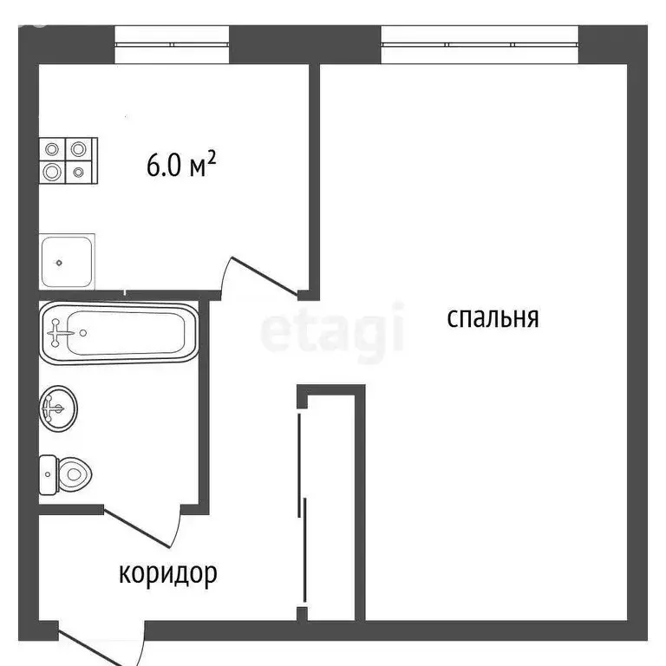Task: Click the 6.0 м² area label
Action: pyautogui.click(x=180, y=165)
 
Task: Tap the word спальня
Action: pyautogui.click(x=493, y=317)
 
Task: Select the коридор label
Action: pyautogui.click(x=167, y=573)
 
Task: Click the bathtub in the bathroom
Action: pyautogui.click(x=118, y=331)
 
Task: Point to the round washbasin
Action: pyautogui.click(x=58, y=407)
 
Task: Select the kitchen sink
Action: pyautogui.click(x=68, y=260)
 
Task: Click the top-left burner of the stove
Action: pyautogui.click(x=53, y=149)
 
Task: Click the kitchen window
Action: pyautogui.click(x=172, y=43)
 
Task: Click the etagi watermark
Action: pyautogui.click(x=333, y=330)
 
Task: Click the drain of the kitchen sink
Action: pyautogui.click(x=59, y=261)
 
